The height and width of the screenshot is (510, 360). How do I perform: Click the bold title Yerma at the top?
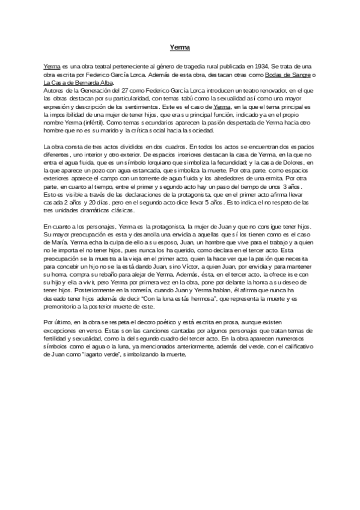[x=180, y=46]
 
